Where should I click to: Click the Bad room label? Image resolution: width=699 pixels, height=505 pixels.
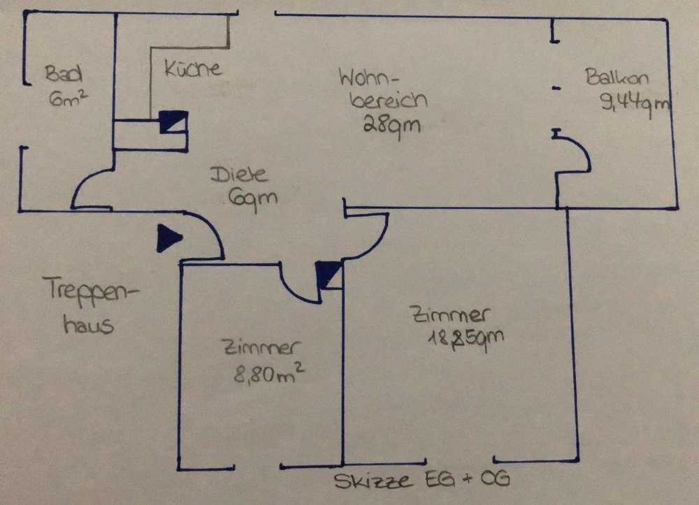pyautogui.click(x=64, y=73)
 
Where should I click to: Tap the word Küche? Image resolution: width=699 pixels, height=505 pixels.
pyautogui.click(x=192, y=68)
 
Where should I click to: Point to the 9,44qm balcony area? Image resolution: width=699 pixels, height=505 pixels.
pyautogui.click(x=635, y=105)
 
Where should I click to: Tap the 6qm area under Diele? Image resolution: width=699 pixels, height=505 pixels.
pyautogui.click(x=252, y=198)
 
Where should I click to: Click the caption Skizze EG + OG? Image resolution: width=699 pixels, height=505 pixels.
pyautogui.click(x=419, y=481)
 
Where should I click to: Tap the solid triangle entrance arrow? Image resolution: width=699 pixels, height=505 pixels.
pyautogui.click(x=168, y=237)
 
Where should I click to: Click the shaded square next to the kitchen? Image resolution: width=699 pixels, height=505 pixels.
pyautogui.click(x=173, y=122)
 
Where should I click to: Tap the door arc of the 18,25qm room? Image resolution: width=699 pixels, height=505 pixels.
pyautogui.click(x=370, y=237)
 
